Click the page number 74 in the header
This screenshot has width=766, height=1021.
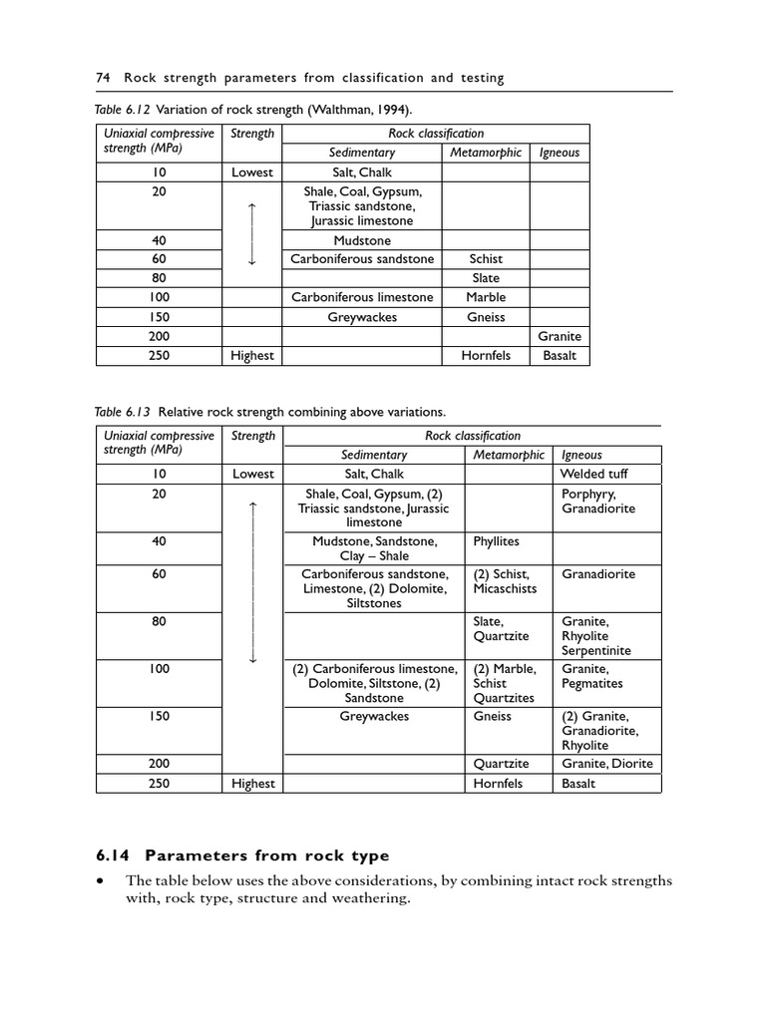[x=101, y=77]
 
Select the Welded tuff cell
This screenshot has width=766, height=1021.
[x=594, y=475]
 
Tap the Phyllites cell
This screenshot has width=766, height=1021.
[x=496, y=541]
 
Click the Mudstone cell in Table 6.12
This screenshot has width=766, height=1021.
[x=362, y=240]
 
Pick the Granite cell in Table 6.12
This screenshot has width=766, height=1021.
[x=559, y=337]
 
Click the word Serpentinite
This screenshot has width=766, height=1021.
[x=596, y=651]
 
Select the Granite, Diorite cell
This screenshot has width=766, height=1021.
[x=607, y=764]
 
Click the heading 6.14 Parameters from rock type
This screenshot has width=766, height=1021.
[x=242, y=855]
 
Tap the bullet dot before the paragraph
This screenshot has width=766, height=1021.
[x=100, y=881]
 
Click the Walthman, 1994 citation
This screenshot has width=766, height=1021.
[x=349, y=109]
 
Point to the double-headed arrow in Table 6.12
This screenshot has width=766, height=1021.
[x=251, y=233]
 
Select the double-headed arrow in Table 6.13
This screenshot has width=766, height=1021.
[x=252, y=582]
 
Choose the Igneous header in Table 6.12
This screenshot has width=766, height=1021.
[x=559, y=153]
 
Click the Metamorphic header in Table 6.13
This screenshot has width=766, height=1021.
[x=509, y=455]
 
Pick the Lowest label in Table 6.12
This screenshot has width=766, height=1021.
[x=251, y=172]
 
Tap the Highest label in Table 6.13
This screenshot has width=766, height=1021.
[x=252, y=784]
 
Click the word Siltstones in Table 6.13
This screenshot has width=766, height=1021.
[x=374, y=603]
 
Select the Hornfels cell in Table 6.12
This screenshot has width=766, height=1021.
[x=486, y=356]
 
